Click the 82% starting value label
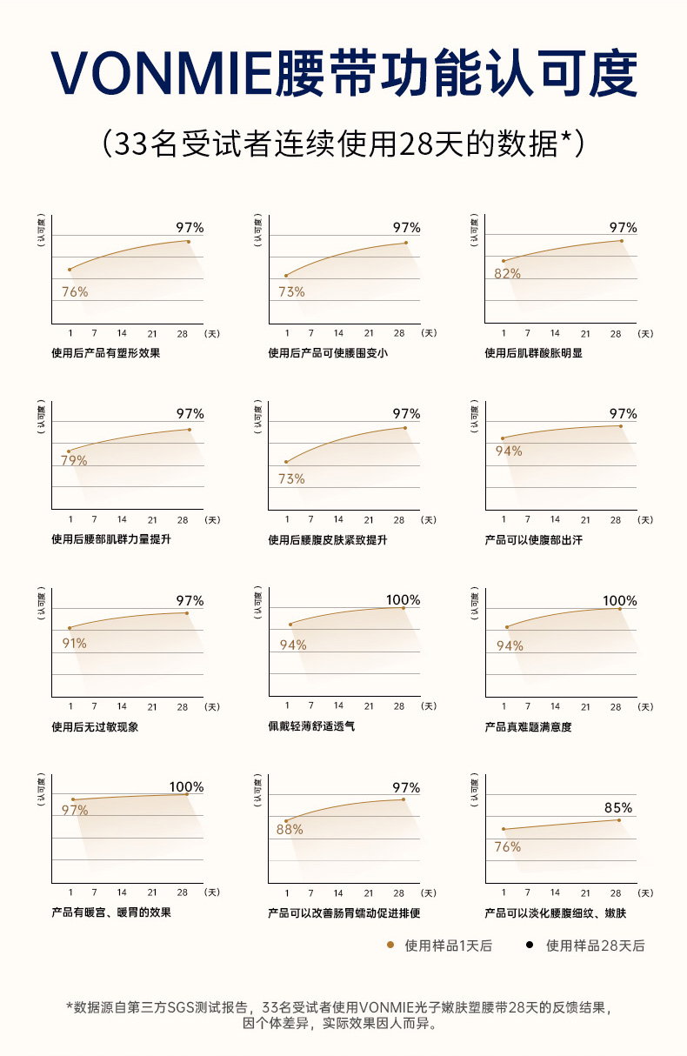tap(507, 273)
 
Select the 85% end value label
tap(618, 807)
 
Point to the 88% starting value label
tap(290, 829)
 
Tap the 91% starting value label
tap(74, 644)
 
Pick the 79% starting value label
tap(74, 460)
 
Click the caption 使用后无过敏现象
tap(95, 726)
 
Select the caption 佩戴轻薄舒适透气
tap(311, 725)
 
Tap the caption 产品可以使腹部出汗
tap(534, 540)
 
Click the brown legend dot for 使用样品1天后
tap(390, 945)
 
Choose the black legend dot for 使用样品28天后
tap(530, 945)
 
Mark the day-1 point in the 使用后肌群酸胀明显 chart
tap(503, 261)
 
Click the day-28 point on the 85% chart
tap(619, 819)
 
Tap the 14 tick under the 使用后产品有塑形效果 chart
tap(122, 333)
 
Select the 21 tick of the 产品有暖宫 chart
tap(152, 892)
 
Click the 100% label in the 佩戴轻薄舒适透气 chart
tap(403, 600)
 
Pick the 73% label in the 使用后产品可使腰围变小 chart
tap(291, 292)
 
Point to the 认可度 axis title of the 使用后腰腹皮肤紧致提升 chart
tap(257, 418)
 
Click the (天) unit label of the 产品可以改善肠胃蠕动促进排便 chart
tap(429, 893)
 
